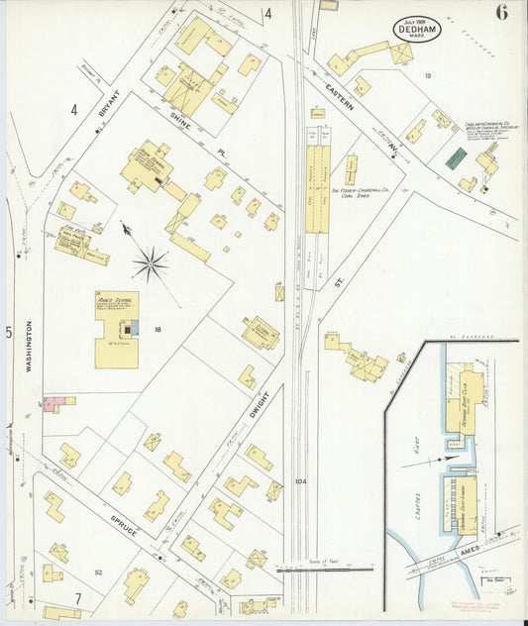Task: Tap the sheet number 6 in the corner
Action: (502, 13)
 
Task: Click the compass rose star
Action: (150, 262)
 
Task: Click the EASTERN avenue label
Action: (343, 104)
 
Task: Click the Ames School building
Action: (117, 330)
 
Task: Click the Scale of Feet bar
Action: (324, 569)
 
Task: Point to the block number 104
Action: (301, 482)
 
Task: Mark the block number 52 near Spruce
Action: (98, 573)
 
